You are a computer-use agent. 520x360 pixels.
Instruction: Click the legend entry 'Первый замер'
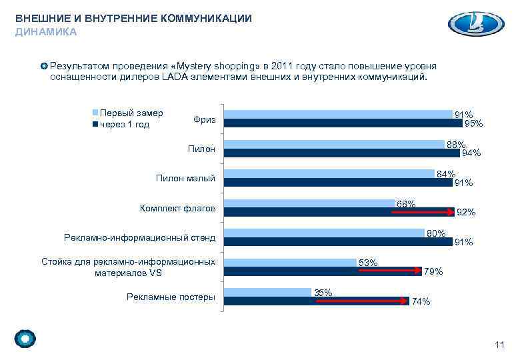click(130, 113)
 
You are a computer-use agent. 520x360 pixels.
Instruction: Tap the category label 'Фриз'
click(204, 119)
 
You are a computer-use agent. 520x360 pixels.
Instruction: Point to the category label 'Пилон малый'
click(185, 179)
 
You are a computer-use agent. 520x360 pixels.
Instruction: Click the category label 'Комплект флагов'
click(177, 209)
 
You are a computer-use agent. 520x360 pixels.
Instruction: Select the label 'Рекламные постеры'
click(171, 297)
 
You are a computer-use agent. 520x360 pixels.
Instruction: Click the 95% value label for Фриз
click(474, 123)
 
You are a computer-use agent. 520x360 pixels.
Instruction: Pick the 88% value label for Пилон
click(456, 145)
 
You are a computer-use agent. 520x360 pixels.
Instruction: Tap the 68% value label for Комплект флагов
click(406, 203)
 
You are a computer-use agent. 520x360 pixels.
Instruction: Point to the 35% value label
click(323, 293)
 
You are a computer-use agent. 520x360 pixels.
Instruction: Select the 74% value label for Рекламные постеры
click(421, 302)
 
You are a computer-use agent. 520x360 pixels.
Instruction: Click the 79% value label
click(433, 271)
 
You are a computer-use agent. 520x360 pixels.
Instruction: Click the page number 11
click(499, 344)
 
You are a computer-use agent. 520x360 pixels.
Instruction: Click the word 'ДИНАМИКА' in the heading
click(46, 31)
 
